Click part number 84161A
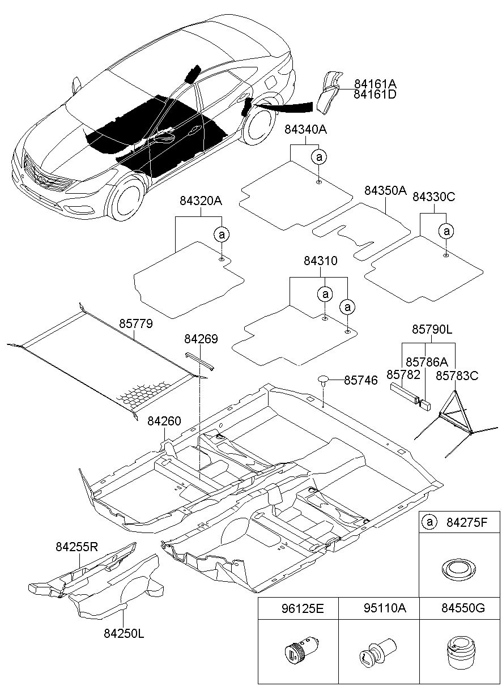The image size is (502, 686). [375, 84]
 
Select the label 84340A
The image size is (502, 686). [305, 130]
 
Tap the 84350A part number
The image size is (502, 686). [385, 191]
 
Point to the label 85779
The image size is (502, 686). [135, 323]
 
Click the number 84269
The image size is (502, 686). [201, 339]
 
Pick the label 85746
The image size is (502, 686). [361, 380]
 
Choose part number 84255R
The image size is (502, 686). [76, 547]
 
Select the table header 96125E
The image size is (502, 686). [302, 608]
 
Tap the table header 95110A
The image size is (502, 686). [385, 608]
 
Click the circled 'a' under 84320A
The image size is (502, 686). [222, 235]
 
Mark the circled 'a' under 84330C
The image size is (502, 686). [446, 231]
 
